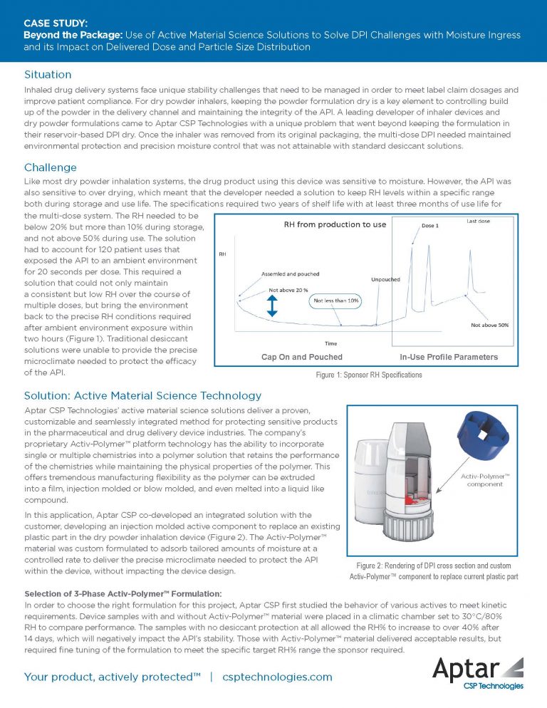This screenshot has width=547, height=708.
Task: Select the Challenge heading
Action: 51,167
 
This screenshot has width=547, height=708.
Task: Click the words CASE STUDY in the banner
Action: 55,23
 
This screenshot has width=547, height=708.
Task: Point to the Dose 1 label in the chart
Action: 429,225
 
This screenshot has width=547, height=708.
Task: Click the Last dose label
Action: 477,221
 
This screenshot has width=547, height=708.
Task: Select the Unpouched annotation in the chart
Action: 385,279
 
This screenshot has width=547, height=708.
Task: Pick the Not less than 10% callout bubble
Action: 335,301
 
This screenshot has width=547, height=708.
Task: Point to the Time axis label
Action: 331,343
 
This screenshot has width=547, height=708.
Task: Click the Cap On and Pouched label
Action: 302,357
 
